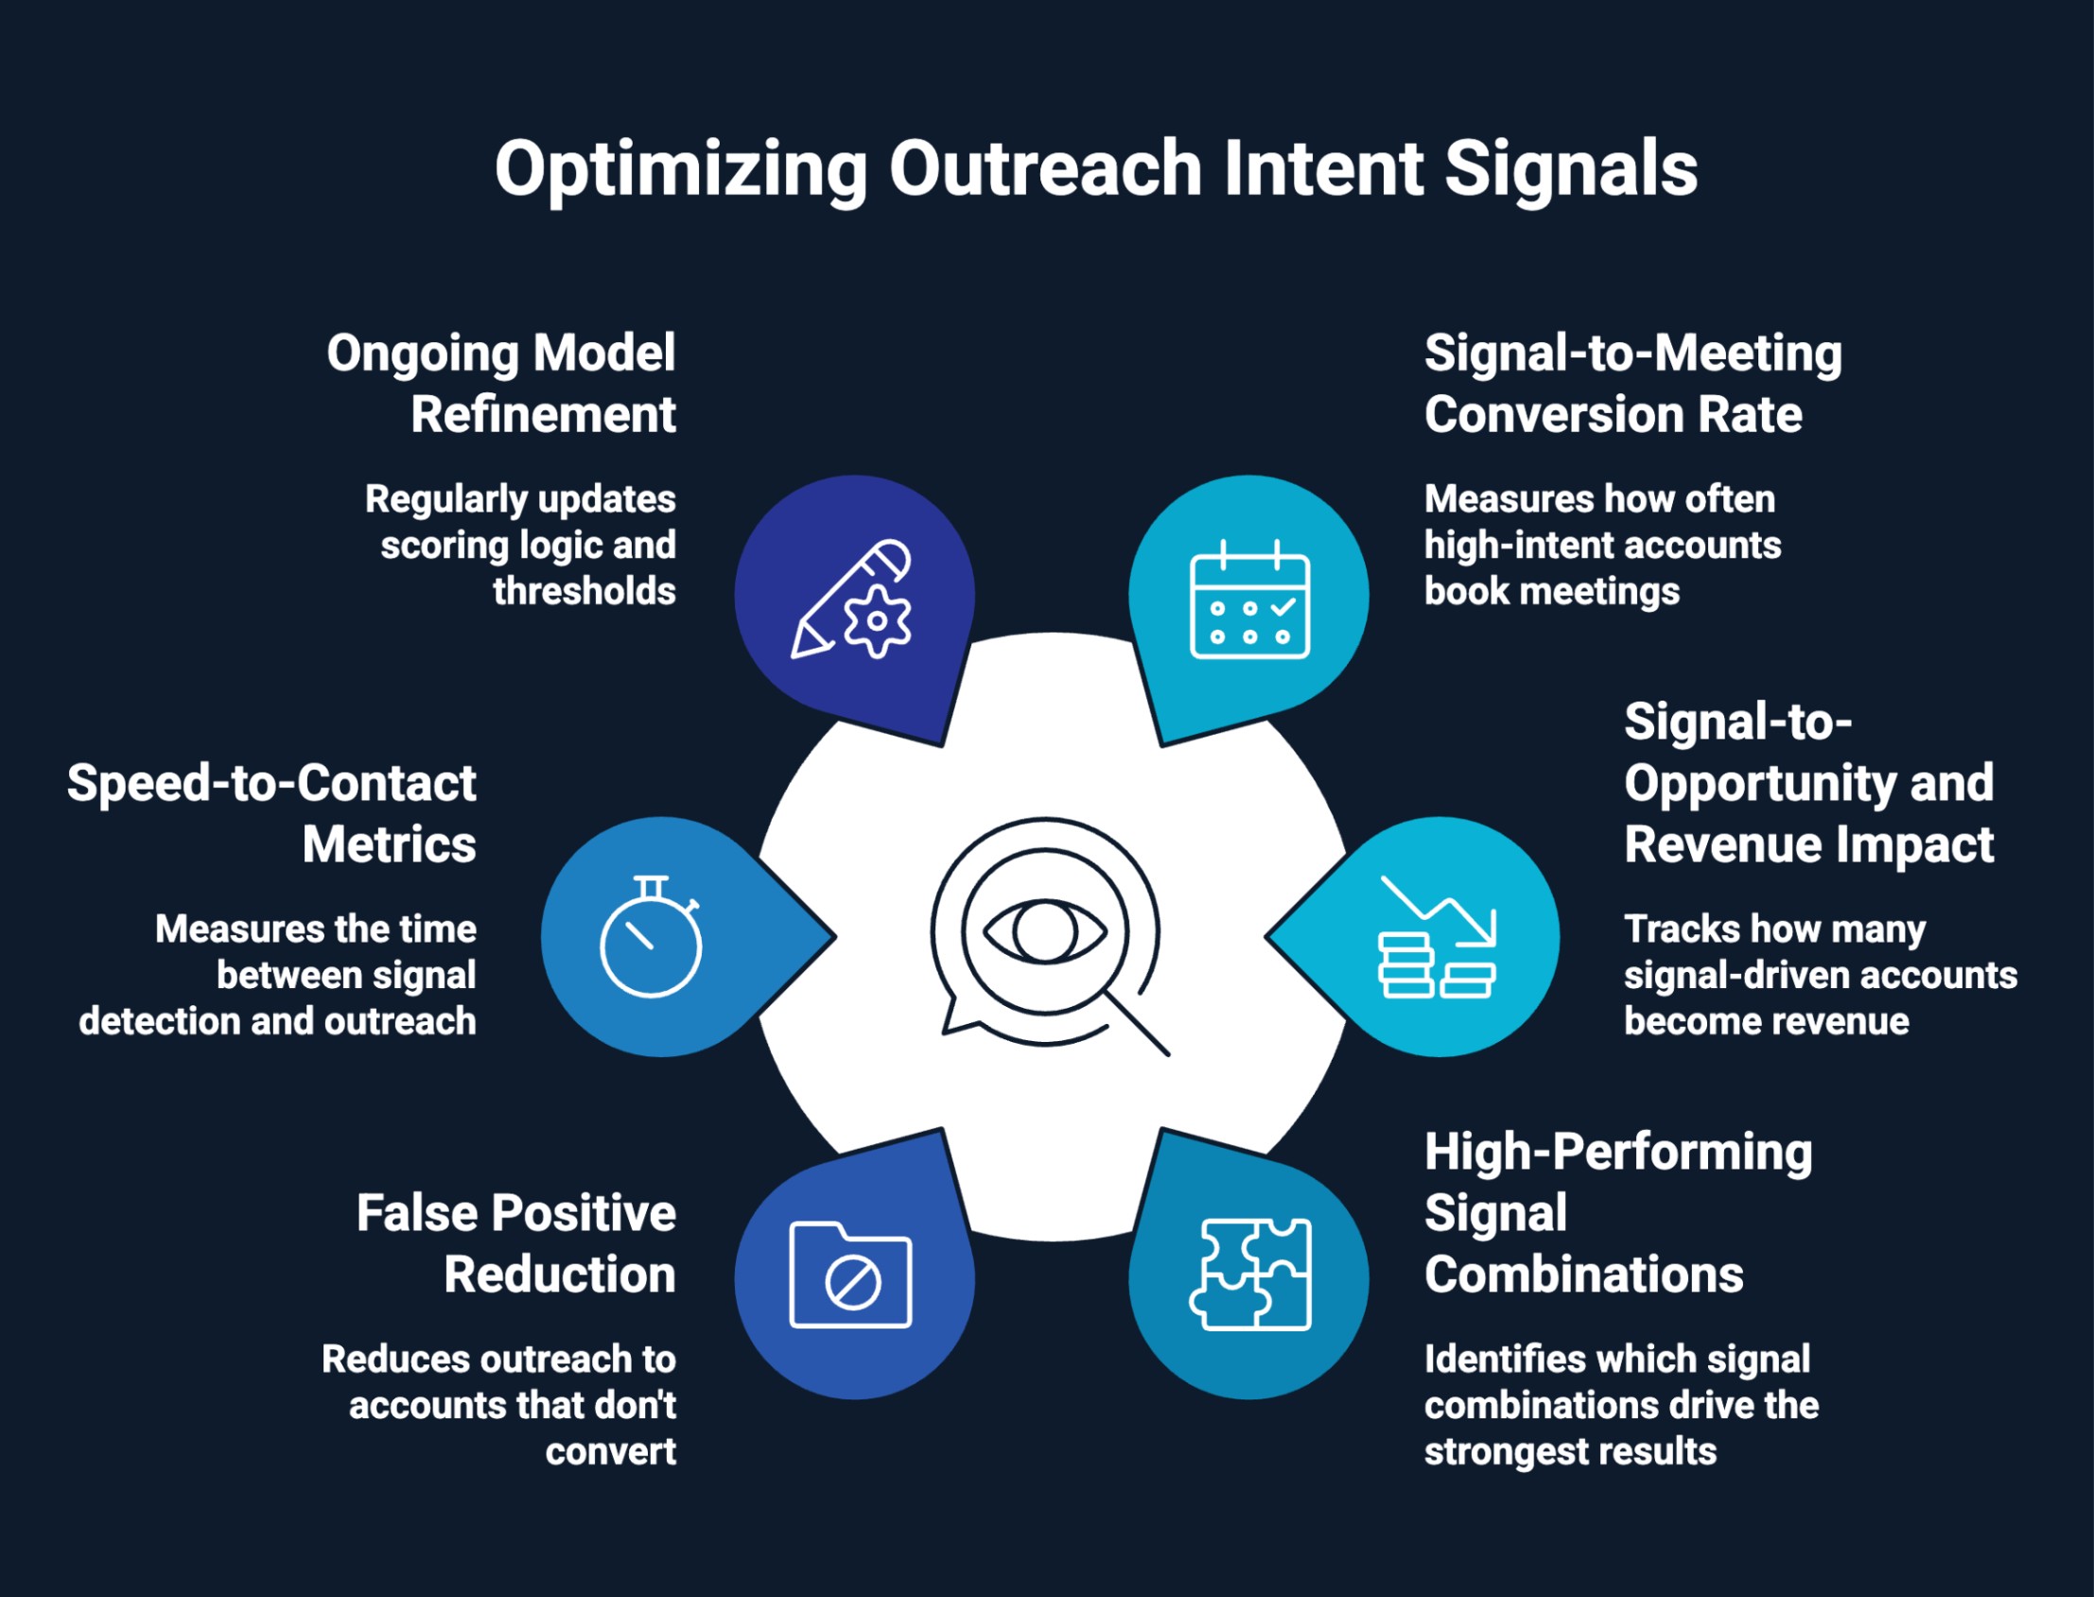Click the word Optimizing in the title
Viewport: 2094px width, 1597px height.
(x=679, y=169)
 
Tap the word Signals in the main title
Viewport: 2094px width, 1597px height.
(x=1570, y=169)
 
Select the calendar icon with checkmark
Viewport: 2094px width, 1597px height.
(x=1249, y=599)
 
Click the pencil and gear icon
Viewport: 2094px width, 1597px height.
(x=852, y=599)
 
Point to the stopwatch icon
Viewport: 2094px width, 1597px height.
(x=652, y=936)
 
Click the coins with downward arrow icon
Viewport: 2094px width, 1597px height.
(x=1437, y=936)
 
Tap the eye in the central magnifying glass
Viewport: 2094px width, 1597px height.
(x=1044, y=930)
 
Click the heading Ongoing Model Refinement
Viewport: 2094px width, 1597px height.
(x=501, y=383)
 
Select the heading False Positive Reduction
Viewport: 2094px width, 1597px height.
(x=516, y=1243)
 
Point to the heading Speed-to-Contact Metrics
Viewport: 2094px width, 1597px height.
(x=272, y=814)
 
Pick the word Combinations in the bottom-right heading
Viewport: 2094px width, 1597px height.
(x=1583, y=1275)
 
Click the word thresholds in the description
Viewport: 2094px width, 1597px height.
(x=584, y=591)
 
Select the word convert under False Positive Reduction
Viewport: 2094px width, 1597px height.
(x=610, y=1451)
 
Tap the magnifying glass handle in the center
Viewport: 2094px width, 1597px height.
(x=1139, y=1025)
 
